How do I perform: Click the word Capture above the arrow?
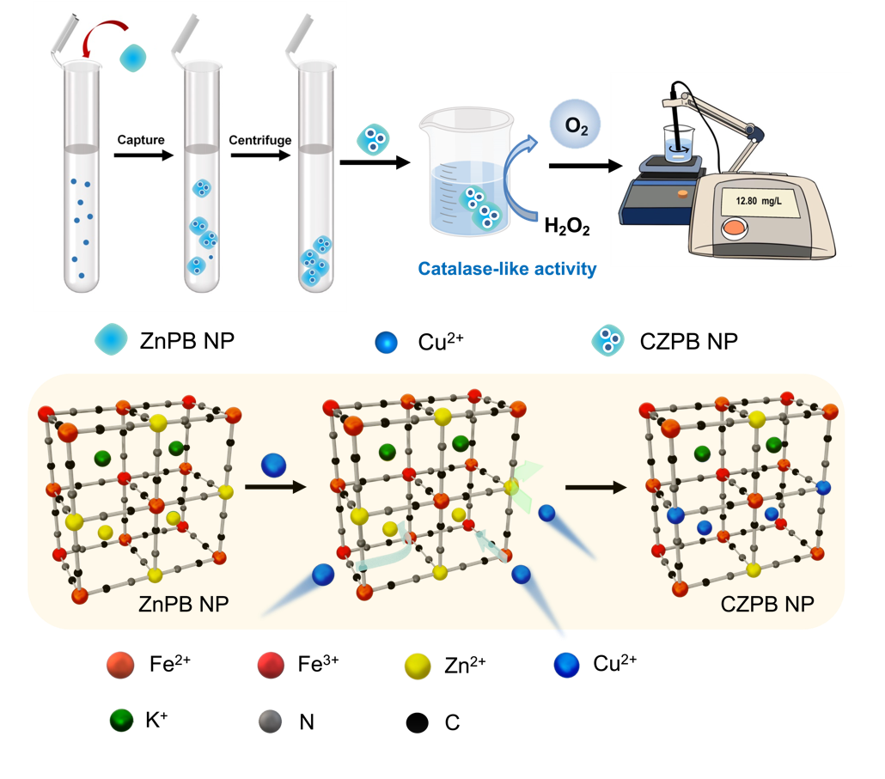point(141,140)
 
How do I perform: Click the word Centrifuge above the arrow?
point(260,140)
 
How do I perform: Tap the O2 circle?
point(575,126)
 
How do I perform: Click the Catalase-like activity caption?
point(507,270)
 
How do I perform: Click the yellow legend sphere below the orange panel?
point(418,666)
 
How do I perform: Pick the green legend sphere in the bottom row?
point(121,721)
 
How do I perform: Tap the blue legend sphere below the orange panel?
point(567,666)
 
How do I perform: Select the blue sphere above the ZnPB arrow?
point(274,465)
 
